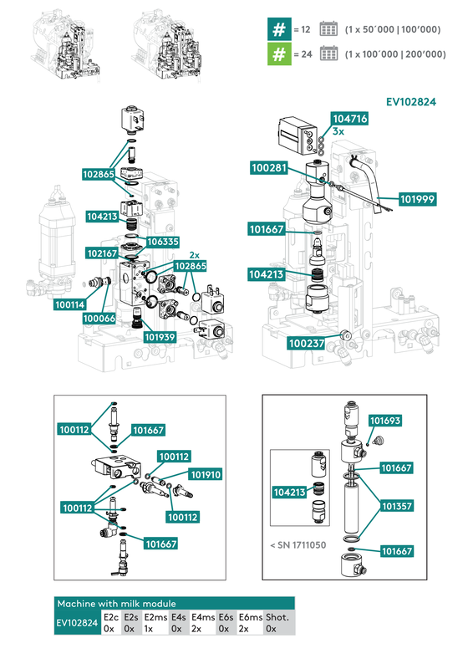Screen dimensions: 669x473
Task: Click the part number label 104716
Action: pos(350,119)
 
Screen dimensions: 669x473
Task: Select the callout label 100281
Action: pos(269,168)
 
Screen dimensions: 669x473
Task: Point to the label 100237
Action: pos(306,343)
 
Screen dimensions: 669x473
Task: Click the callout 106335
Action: pos(163,242)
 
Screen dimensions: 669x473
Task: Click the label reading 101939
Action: pos(160,337)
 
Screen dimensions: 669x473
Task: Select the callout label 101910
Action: pos(206,474)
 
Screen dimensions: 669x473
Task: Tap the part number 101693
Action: pos(385,421)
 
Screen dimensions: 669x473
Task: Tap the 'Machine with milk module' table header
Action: pos(116,603)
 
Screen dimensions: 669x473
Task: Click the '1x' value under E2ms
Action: pos(149,628)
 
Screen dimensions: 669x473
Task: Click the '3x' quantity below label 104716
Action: pos(338,131)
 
